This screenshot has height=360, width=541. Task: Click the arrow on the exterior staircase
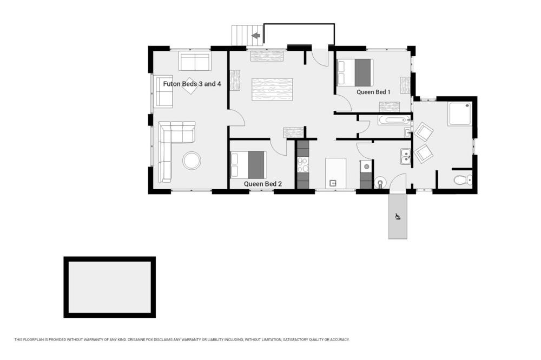pos(256,36)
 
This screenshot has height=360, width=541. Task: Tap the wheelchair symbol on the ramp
pos(398,217)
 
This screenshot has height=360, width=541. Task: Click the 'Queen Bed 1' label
pos(373,92)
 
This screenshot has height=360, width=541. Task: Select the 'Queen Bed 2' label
pos(263,184)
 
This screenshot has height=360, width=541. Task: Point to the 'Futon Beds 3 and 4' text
pos(192,84)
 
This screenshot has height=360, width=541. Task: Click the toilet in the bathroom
pos(463,179)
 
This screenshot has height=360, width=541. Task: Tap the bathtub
pos(394,121)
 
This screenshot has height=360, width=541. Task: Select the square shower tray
pos(460,114)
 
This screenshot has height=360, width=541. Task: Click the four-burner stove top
pos(303,164)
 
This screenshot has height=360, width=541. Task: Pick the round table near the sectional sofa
pos(192,161)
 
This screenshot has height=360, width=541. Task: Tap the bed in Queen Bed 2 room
pos(248,165)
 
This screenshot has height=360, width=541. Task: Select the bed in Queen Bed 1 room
pos(355,72)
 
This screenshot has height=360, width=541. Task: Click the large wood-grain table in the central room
pos(272,89)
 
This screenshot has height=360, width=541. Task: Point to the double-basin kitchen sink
pos(406,157)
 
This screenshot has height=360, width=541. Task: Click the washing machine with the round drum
pos(366,167)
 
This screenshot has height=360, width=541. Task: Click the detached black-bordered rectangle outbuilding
pos(110,287)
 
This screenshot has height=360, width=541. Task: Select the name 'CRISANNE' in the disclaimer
pos(135,339)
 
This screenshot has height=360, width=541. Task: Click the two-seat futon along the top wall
pos(195,62)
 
